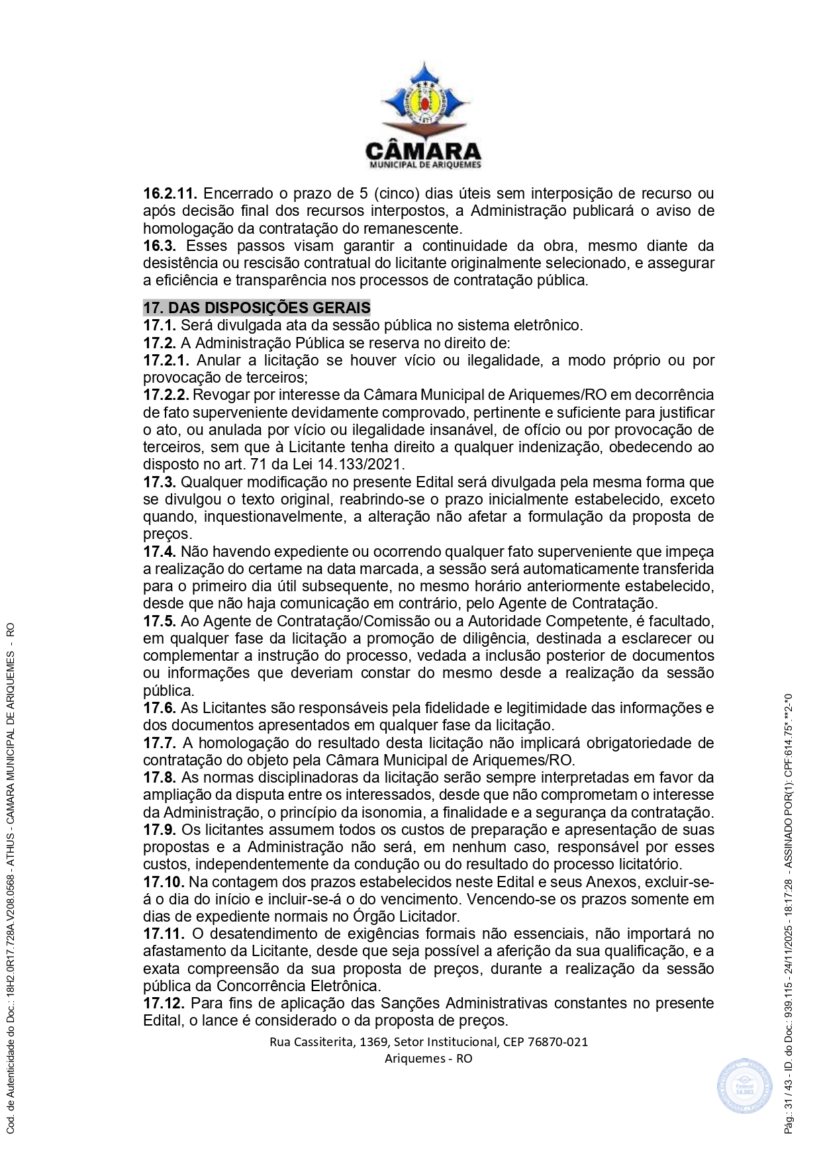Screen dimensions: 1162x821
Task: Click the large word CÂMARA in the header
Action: click(424, 150)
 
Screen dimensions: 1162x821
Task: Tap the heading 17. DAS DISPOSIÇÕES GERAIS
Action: click(257, 308)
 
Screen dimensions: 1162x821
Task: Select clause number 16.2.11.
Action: click(170, 194)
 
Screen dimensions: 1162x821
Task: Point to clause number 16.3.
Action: click(160, 246)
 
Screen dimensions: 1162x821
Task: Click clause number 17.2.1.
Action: click(166, 361)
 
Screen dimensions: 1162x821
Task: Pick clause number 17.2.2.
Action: click(166, 395)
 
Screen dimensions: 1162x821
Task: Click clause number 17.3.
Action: click(160, 482)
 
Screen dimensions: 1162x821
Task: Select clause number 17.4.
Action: click(160, 552)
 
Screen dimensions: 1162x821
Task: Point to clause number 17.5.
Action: click(160, 621)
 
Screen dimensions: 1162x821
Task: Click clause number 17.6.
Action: click(160, 708)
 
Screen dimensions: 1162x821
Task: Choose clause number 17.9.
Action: click(160, 830)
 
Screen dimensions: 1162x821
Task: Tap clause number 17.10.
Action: click(164, 882)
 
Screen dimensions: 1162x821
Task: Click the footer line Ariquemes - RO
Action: click(428, 1058)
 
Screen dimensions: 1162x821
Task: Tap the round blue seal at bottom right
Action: click(744, 1086)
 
